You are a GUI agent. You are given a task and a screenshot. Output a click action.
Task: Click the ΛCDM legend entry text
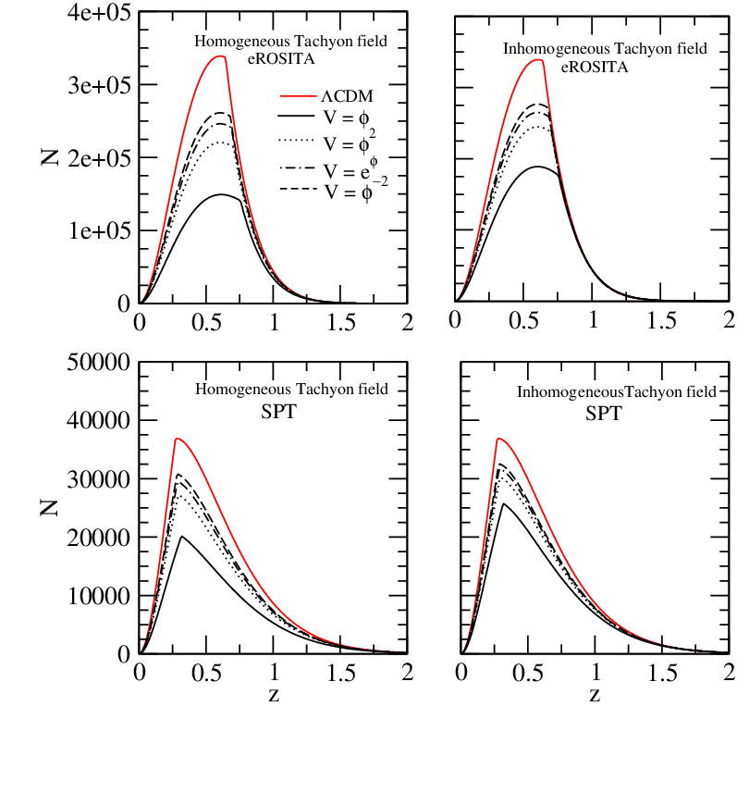[347, 96]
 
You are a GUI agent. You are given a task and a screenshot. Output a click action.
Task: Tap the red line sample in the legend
[298, 95]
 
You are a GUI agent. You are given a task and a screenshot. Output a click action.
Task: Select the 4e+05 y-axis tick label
[99, 13]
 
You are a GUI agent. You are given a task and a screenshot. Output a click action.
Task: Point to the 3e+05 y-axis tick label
[99, 85]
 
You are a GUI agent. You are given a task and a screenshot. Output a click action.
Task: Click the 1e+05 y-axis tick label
[99, 230]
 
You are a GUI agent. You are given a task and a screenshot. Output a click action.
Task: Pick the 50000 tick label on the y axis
[99, 363]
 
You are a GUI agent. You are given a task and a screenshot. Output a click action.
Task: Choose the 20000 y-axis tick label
[99, 538]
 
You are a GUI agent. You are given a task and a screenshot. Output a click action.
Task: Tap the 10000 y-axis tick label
[99, 596]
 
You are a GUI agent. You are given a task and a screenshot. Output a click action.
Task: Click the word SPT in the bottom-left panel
[278, 412]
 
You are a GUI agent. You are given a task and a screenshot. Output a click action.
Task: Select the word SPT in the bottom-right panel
[604, 414]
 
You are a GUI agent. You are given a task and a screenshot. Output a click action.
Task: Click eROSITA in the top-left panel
[281, 58]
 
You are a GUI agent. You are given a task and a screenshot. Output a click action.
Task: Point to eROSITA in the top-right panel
[595, 67]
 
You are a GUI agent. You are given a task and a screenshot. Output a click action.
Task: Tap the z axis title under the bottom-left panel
[274, 696]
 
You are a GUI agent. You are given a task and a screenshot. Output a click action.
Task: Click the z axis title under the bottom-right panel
[595, 696]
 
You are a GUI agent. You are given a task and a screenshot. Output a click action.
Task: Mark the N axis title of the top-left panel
[50, 158]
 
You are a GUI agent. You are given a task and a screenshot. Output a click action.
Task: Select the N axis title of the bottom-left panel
[50, 508]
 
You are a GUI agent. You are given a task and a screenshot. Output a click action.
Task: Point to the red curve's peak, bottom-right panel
[498, 439]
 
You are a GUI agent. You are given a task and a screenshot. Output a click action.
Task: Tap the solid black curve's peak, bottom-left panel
[181, 536]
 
